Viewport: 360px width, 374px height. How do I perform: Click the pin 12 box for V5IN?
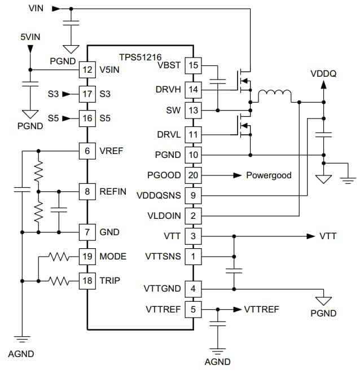point(87,70)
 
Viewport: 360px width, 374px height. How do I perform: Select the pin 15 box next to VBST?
point(194,65)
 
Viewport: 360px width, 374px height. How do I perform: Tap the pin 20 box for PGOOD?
point(194,175)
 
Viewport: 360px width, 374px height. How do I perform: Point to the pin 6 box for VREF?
point(87,151)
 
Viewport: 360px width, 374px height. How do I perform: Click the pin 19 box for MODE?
point(87,257)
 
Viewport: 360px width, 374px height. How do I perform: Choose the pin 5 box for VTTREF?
point(194,309)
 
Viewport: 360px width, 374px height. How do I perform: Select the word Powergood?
point(269,175)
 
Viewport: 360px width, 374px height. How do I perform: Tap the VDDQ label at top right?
point(323,74)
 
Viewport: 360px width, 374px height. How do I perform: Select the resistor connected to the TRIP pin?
point(59,280)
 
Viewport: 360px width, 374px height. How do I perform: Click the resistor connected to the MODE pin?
point(59,257)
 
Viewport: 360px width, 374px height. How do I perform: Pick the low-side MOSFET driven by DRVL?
point(244,129)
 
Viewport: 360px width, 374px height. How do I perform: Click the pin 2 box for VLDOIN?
point(194,215)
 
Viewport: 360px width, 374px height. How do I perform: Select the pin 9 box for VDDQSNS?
point(194,196)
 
